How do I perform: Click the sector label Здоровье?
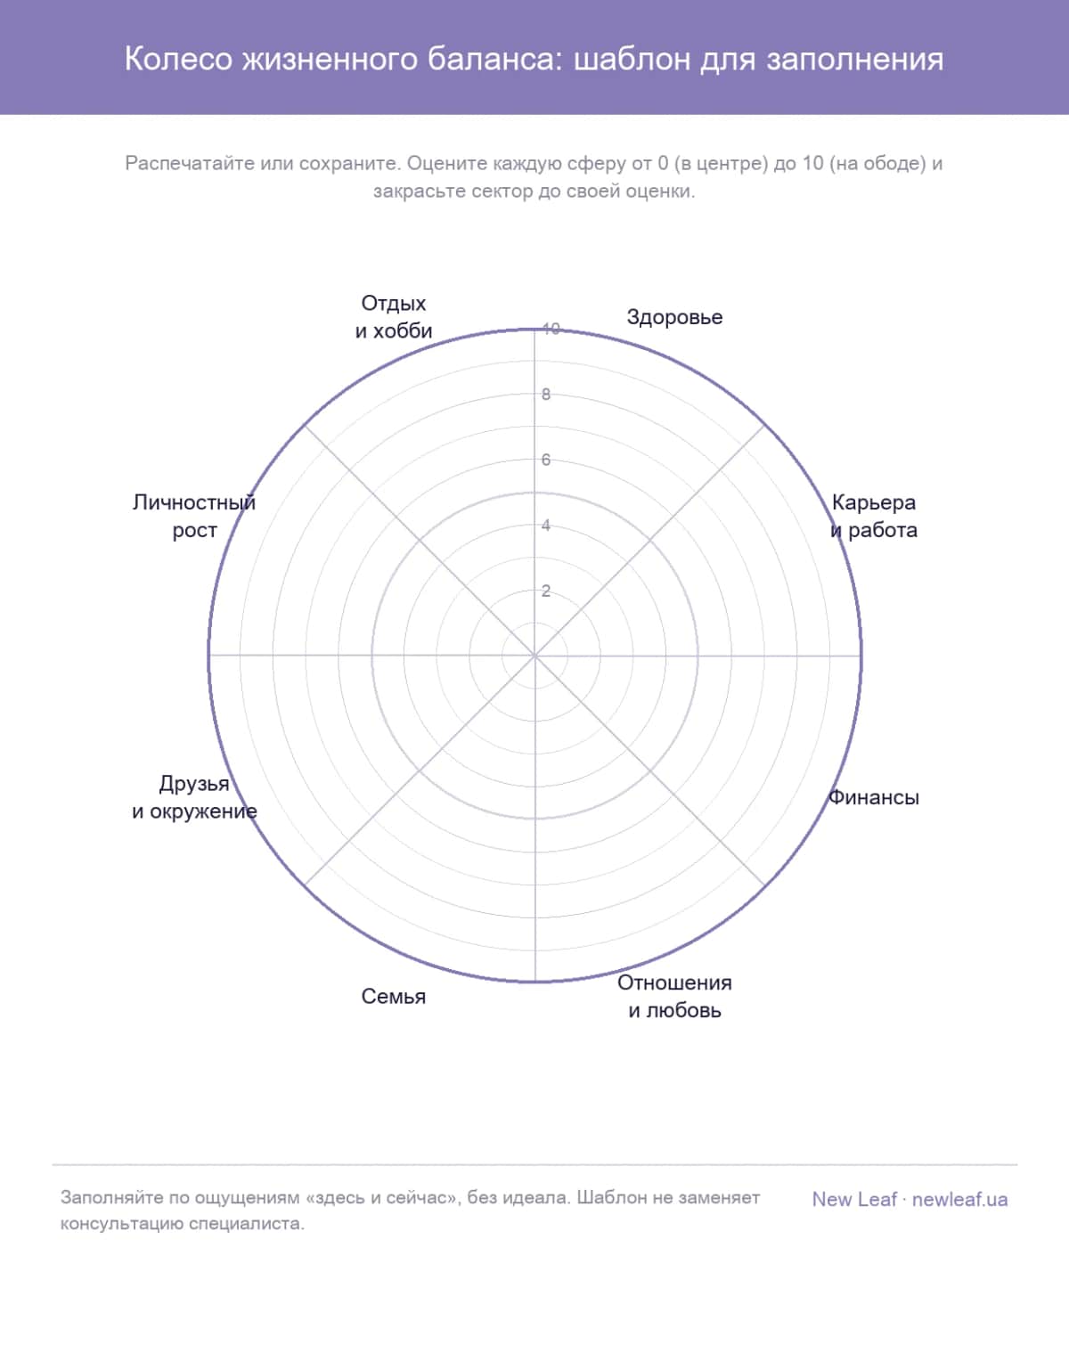pyautogui.click(x=674, y=317)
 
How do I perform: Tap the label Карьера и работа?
pyautogui.click(x=874, y=517)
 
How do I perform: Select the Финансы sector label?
pyautogui.click(x=874, y=797)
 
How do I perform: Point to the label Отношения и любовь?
pyautogui.click(x=674, y=996)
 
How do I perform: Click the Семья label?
pyautogui.click(x=393, y=996)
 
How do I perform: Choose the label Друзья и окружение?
pyautogui.click(x=194, y=797)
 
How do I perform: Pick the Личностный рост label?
pyautogui.click(x=194, y=517)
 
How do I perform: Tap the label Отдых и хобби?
pyautogui.click(x=393, y=317)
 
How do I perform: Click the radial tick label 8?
pyautogui.click(x=546, y=395)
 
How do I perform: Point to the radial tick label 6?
pyautogui.click(x=546, y=460)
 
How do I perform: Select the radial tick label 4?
pyautogui.click(x=546, y=526)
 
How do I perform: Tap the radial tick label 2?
pyautogui.click(x=546, y=591)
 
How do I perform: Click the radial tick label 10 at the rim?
pyautogui.click(x=551, y=329)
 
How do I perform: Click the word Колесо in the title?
pyautogui.click(x=178, y=60)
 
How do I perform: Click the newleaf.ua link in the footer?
pyautogui.click(x=959, y=1200)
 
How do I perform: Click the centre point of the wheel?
pyautogui.click(x=534, y=656)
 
